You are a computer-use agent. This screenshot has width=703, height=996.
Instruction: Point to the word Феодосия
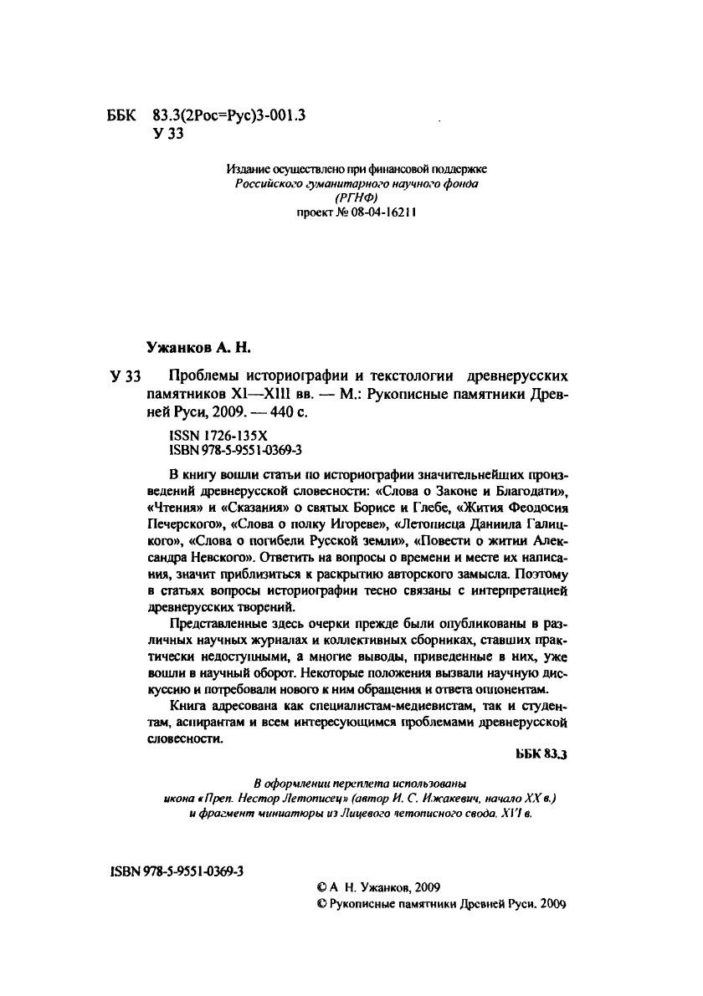click(517, 507)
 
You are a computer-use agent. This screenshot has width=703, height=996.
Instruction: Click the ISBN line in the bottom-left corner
click(177, 871)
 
